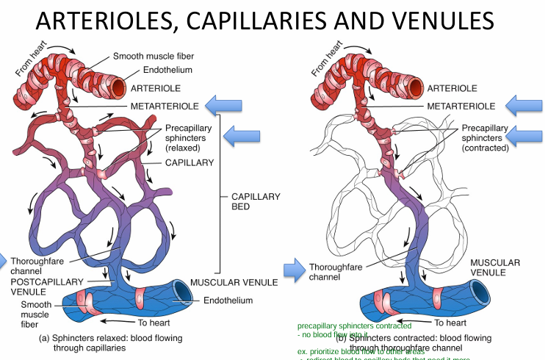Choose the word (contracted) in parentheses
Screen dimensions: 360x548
(x=486, y=148)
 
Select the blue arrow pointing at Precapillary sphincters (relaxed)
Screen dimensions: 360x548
(x=243, y=135)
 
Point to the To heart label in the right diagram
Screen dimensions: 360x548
(x=451, y=323)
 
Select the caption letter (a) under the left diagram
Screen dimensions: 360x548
(x=43, y=339)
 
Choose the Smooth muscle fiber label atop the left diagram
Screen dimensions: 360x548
(x=152, y=56)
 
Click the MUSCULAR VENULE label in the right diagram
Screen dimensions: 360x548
(x=495, y=267)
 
